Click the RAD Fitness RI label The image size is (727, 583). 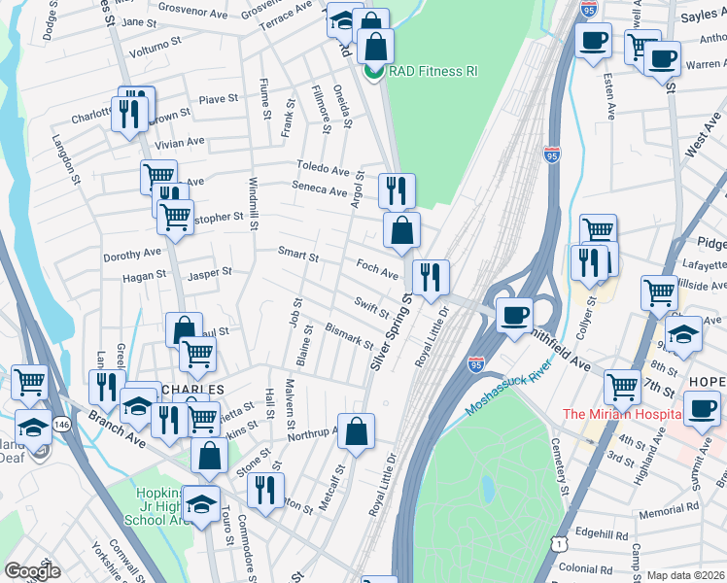pyautogui.click(x=433, y=72)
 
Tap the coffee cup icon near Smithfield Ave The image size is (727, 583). pyautogui.click(x=514, y=314)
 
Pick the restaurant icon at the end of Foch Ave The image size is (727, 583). pyautogui.click(x=430, y=276)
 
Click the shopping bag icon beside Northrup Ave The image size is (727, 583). pyautogui.click(x=357, y=430)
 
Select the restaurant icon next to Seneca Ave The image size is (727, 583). pyautogui.click(x=396, y=189)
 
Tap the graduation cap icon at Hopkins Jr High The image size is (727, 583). pyautogui.click(x=201, y=503)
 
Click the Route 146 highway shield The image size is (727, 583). pyautogui.click(x=61, y=425)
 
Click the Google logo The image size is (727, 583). pyautogui.click(x=32, y=571)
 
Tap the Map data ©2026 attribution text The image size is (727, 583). pyautogui.click(x=686, y=575)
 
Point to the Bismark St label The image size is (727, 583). pyautogui.click(x=349, y=335)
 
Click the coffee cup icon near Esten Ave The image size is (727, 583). pyautogui.click(x=591, y=41)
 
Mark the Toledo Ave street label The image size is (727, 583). pyautogui.click(x=323, y=169)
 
